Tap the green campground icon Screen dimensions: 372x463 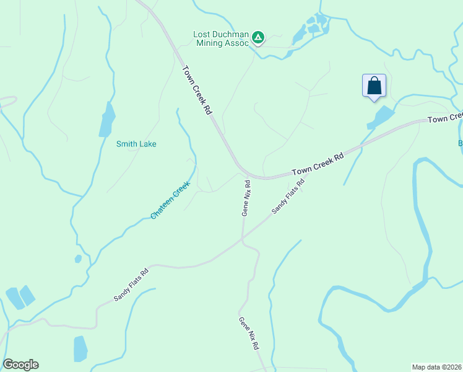coord(258,38)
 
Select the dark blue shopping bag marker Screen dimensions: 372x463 coord(374,86)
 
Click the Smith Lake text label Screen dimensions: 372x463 coord(136,144)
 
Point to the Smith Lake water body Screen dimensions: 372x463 coord(107,120)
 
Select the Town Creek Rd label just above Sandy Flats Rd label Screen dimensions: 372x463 coord(318,164)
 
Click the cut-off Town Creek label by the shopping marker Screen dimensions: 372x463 coord(445,117)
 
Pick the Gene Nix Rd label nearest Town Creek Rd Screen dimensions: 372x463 coord(246,198)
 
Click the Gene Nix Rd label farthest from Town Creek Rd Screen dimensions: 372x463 coord(249,334)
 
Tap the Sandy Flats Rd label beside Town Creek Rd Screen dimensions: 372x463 coord(289,197)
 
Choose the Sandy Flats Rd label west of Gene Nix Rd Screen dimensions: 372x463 coord(131,285)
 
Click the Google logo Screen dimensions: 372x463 coord(20,365)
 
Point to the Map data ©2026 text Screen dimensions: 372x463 coord(437,366)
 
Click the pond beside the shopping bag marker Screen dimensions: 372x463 coord(382,117)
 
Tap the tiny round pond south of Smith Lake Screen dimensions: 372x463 coord(78,259)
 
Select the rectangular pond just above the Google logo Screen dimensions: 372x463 coord(80,348)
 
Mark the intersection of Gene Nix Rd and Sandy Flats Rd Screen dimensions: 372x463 coord(242,239)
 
